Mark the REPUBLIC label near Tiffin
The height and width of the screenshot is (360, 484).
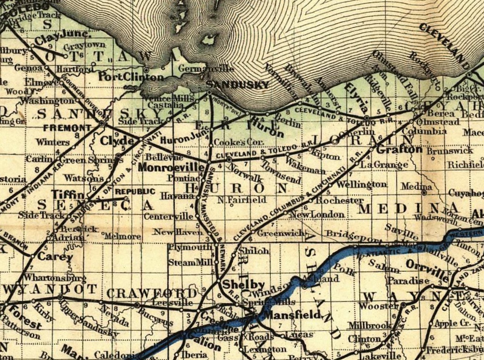pyautogui.click(x=135, y=191)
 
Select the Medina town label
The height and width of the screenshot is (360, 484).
pyautogui.click(x=416, y=187)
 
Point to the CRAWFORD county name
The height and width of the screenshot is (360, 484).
pyautogui.click(x=148, y=292)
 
